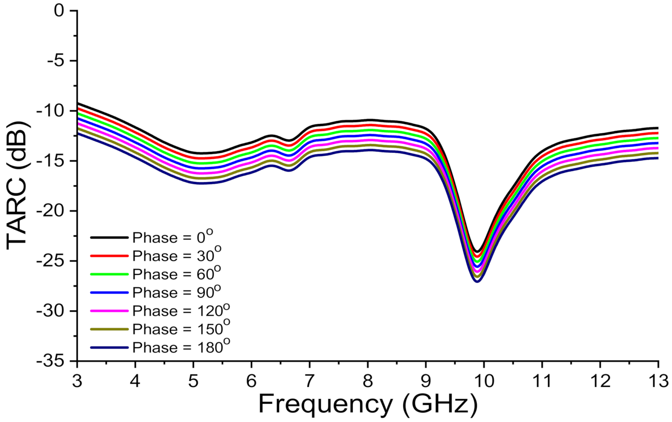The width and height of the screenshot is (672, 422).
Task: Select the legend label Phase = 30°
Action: [x=176, y=256]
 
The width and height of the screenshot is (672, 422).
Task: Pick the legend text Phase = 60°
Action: [x=176, y=274]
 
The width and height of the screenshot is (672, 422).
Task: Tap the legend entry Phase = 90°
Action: [x=176, y=292]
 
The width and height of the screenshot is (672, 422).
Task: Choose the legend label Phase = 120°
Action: [x=181, y=311]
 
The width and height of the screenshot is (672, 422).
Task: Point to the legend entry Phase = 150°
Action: [x=181, y=329]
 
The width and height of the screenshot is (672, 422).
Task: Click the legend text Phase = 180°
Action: [x=181, y=347]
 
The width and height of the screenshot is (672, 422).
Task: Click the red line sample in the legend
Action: [x=109, y=256]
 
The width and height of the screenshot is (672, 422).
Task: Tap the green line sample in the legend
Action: [x=109, y=274]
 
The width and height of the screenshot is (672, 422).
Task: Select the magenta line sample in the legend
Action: [x=109, y=311]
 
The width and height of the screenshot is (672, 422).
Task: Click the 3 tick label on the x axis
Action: [x=77, y=380]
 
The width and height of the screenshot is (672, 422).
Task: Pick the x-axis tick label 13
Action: [x=657, y=380]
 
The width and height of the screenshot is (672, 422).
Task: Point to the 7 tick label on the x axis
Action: [x=309, y=380]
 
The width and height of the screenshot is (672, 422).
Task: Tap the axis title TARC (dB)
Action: [x=17, y=186]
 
